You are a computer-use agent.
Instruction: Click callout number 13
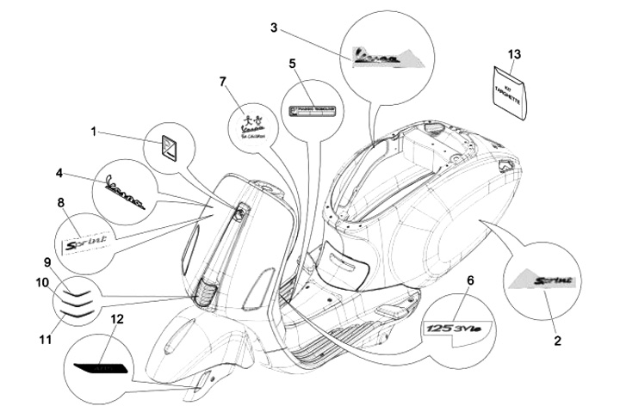pyautogui.click(x=514, y=55)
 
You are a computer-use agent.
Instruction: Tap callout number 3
pyautogui.click(x=273, y=28)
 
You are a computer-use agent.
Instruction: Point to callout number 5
pyautogui.click(x=292, y=63)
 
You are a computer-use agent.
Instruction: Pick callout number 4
pyautogui.click(x=59, y=173)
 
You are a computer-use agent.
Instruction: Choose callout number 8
pyautogui.click(x=59, y=203)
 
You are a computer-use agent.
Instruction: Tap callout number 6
pyautogui.click(x=470, y=280)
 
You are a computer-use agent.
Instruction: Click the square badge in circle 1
pyautogui.click(x=169, y=146)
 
